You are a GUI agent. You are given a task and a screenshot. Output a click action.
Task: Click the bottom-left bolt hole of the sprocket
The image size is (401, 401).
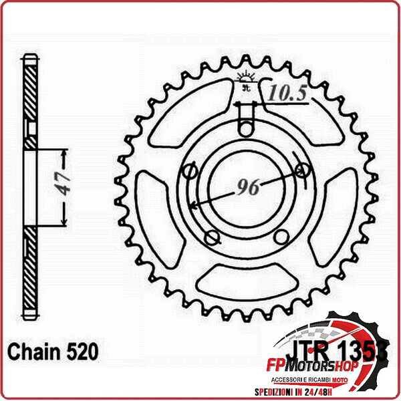(213, 237)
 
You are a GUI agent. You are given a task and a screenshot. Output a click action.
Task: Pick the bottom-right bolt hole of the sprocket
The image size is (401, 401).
(281, 237)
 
